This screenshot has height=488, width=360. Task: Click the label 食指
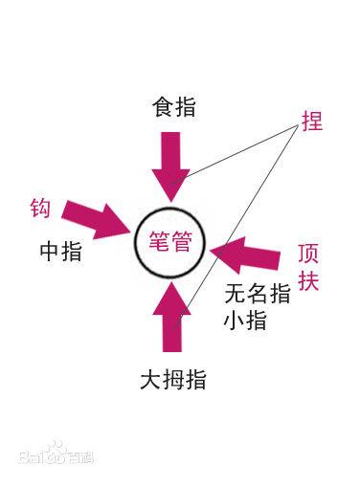(x=173, y=106)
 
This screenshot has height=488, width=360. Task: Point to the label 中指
(x=60, y=252)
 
